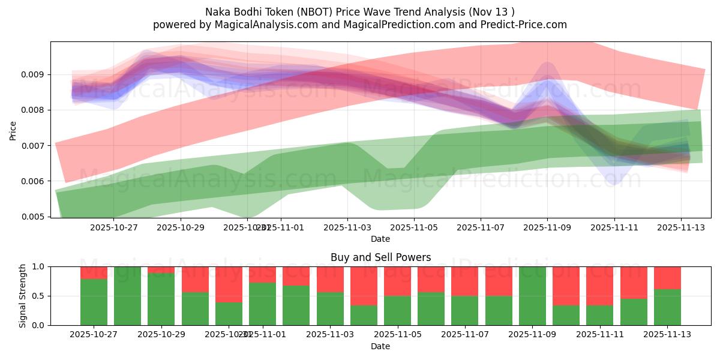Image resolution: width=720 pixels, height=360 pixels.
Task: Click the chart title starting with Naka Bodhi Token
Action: point(359,11)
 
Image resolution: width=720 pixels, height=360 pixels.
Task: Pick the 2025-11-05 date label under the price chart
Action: point(413,227)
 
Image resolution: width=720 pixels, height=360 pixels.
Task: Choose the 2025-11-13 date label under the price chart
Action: point(680,227)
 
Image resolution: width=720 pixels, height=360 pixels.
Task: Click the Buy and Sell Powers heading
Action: point(380,257)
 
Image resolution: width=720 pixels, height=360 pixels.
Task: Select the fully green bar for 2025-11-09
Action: point(533,296)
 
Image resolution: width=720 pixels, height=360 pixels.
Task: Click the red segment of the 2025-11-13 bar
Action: point(667,278)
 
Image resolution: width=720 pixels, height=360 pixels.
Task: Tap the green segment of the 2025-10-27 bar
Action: point(94,302)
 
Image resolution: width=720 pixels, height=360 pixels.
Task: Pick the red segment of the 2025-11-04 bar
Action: point(364,286)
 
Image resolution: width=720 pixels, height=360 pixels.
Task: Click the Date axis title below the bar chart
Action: point(380,346)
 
